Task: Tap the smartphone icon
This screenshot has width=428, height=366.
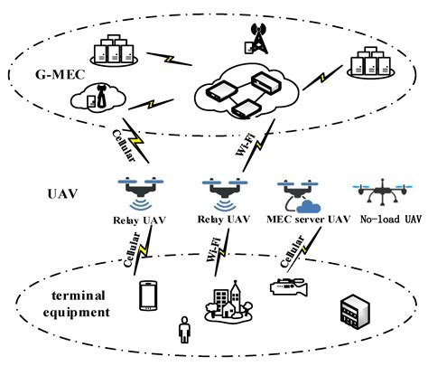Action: (149, 296)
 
